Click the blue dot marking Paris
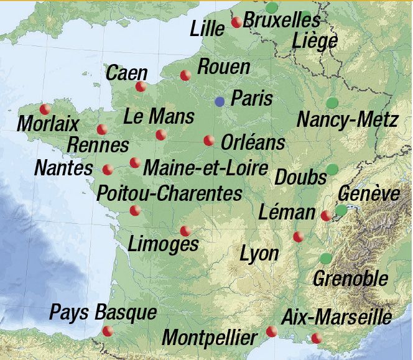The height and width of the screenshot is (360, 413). (220, 101)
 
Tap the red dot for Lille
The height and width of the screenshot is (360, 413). (236, 22)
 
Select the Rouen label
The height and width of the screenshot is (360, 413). (223, 67)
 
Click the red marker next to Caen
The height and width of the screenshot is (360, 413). (141, 86)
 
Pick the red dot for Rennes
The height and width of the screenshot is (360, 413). (102, 129)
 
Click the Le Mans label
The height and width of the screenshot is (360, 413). (159, 116)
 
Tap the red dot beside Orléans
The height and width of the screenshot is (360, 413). (209, 141)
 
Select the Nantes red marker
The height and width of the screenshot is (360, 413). (108, 169)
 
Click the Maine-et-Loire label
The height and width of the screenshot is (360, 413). (205, 167)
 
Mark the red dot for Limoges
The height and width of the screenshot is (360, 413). (185, 231)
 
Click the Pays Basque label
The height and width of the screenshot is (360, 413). (103, 312)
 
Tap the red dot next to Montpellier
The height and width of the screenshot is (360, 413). (271, 331)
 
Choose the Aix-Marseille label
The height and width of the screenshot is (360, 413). (336, 317)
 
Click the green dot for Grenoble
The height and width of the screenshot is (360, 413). (325, 258)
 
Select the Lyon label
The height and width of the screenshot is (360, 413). (259, 254)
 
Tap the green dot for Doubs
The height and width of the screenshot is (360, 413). (332, 168)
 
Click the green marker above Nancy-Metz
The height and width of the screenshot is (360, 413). (332, 103)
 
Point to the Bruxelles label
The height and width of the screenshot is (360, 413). (281, 21)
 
